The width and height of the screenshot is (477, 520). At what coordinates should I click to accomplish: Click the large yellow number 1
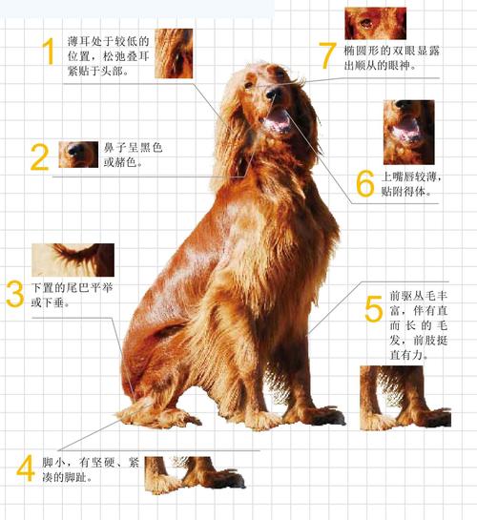[x=49, y=52]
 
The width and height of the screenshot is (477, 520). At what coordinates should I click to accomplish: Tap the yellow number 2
[x=39, y=156]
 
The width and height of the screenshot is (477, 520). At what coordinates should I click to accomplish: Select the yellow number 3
[x=15, y=294]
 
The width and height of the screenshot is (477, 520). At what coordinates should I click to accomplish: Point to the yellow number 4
[x=26, y=468]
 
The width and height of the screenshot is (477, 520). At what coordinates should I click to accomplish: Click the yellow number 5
[x=374, y=309]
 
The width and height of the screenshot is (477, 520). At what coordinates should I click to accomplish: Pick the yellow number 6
[x=365, y=183]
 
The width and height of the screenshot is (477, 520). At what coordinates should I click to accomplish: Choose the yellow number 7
[x=327, y=55]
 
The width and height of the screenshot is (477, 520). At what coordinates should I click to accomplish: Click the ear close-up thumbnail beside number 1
[x=174, y=53]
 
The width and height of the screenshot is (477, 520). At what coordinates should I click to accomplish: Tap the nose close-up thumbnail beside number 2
[x=78, y=155]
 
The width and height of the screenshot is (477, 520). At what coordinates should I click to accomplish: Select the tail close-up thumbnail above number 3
[x=73, y=260]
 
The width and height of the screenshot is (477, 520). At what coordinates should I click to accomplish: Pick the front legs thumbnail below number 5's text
[x=405, y=398]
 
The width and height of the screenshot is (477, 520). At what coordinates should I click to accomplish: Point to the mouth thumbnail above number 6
[x=409, y=132]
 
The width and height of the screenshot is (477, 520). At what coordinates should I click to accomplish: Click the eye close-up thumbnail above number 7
[x=376, y=23]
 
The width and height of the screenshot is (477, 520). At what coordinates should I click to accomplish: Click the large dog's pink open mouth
[x=279, y=120]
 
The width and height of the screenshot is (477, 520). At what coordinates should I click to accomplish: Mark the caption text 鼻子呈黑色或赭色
[x=133, y=155]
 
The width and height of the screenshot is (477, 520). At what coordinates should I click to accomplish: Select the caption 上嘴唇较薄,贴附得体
[x=411, y=184]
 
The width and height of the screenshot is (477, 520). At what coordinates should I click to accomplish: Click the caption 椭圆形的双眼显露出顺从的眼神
[x=392, y=58]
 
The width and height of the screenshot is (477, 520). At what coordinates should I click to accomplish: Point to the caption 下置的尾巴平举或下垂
[x=73, y=295]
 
